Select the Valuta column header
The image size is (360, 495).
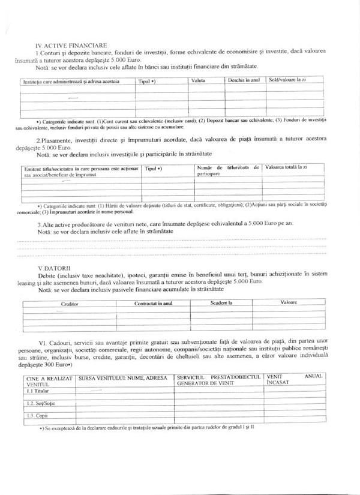[199, 80]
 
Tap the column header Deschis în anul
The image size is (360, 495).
[244, 80]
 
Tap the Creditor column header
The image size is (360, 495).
[70, 304]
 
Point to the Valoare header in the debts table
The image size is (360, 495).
[289, 303]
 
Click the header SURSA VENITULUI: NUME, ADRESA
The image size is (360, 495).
[123, 377]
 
